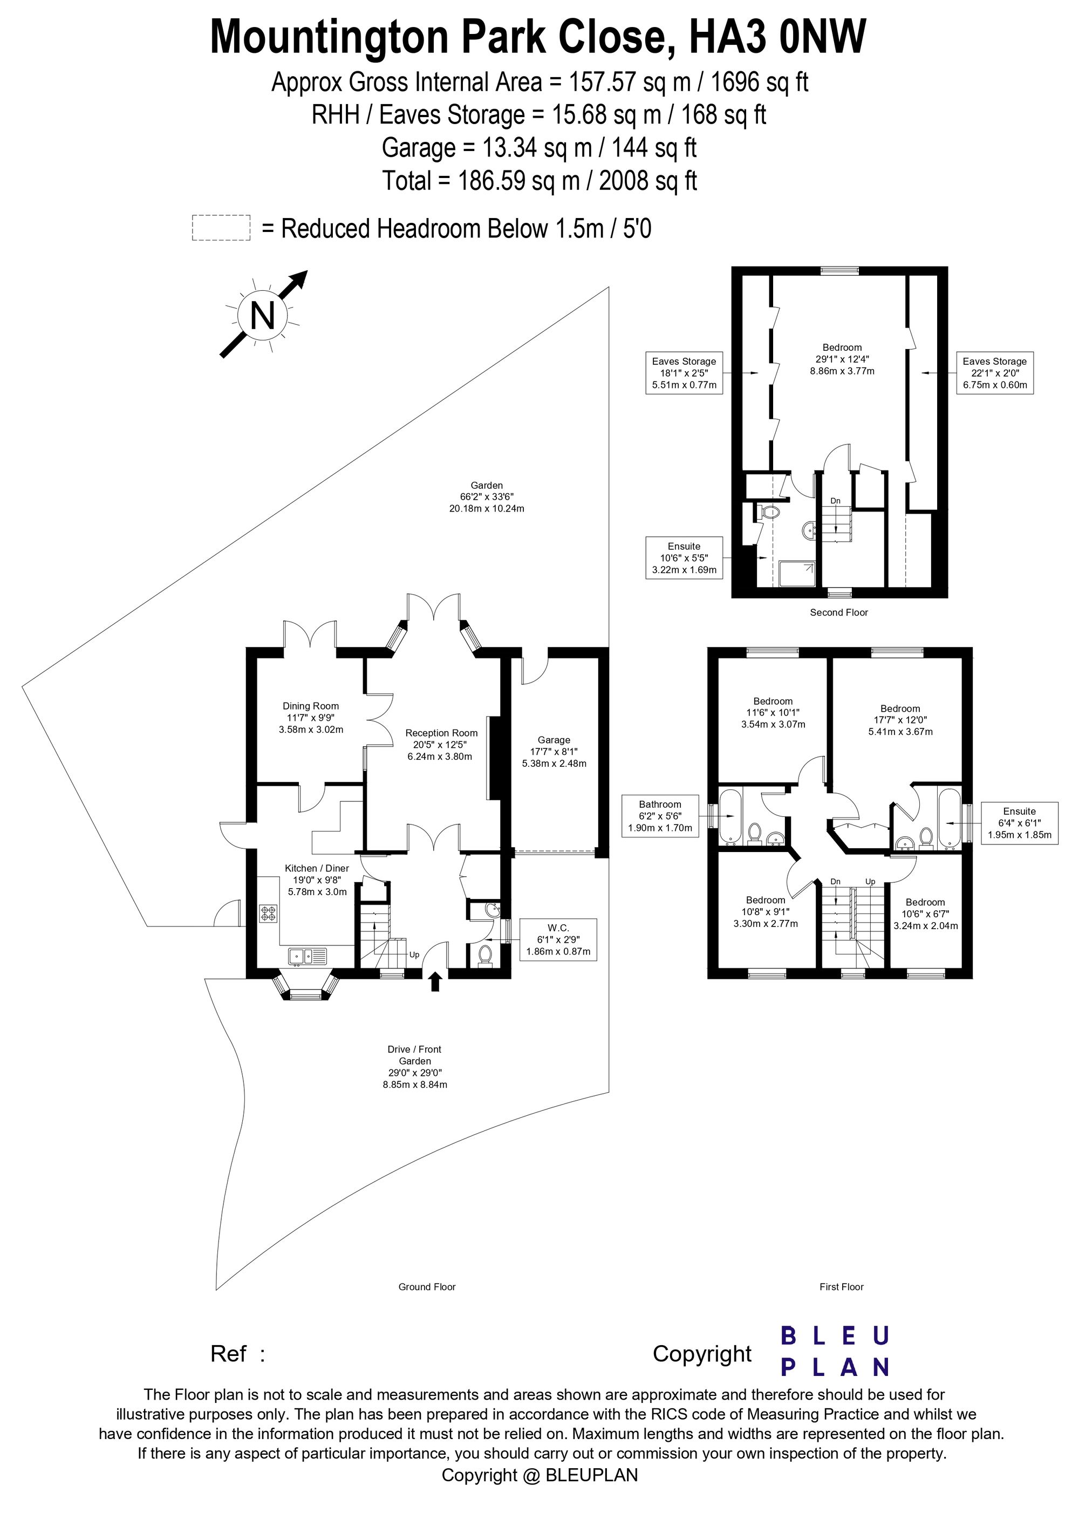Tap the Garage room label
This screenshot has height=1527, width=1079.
pyautogui.click(x=554, y=752)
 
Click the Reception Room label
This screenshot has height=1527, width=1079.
pyautogui.click(x=441, y=744)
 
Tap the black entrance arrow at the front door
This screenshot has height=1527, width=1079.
pyautogui.click(x=435, y=981)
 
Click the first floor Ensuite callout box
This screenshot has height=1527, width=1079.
pyautogui.click(x=1019, y=823)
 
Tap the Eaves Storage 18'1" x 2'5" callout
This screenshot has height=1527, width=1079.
pyautogui.click(x=684, y=373)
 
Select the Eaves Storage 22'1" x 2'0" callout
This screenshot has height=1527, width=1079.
pyautogui.click(x=994, y=373)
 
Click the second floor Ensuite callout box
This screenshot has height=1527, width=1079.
pyautogui.click(x=684, y=558)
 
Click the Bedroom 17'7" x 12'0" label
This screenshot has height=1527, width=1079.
pyautogui.click(x=900, y=720)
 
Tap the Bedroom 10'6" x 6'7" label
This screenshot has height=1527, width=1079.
pyautogui.click(x=925, y=914)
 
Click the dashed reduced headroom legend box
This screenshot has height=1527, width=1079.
pyautogui.click(x=221, y=228)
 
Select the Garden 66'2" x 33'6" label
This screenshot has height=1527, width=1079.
pyautogui.click(x=487, y=497)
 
